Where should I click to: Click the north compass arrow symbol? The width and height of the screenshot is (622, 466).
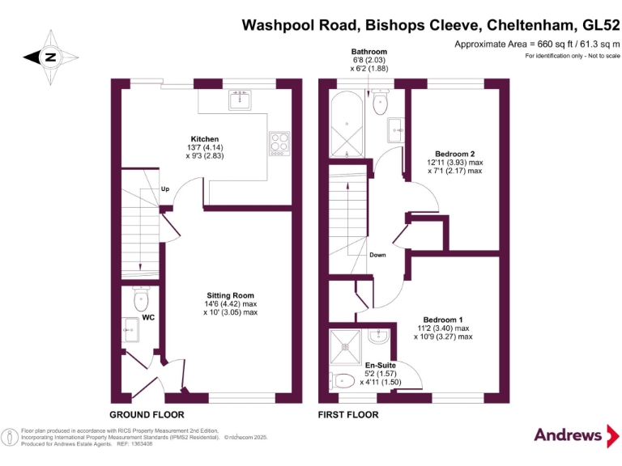click(x=50, y=57)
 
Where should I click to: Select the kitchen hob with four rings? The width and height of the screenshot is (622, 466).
click(x=279, y=142)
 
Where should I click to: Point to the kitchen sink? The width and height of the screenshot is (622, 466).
click(x=241, y=100)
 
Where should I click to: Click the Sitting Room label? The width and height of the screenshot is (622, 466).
click(x=231, y=295)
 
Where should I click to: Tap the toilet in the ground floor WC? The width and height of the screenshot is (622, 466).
click(x=140, y=300)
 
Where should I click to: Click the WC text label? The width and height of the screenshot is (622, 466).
click(x=148, y=318)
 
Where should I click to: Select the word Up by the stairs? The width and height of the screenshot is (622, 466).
click(x=165, y=189)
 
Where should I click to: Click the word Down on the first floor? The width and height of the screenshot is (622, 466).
click(x=377, y=255)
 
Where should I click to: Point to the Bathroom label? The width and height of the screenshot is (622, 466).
click(x=369, y=51)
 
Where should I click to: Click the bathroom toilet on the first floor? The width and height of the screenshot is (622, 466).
click(x=381, y=103)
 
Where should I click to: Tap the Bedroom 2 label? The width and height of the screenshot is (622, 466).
click(x=454, y=154)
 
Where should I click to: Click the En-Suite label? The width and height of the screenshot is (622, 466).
click(x=380, y=365)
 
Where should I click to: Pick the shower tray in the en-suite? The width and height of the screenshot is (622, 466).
click(x=346, y=345)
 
